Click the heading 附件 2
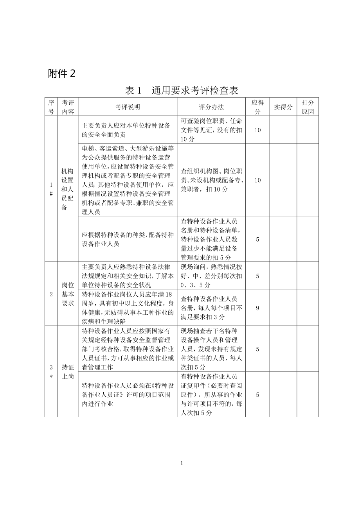61,73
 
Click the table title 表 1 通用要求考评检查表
181,91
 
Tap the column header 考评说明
128,107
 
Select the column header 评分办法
211,107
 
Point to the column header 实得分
283,107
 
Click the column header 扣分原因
308,107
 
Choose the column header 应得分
257,107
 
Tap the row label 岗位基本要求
67,294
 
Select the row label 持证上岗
67,371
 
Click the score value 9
257,308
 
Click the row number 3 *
51,371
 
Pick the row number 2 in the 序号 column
51,294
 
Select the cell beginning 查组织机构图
211,180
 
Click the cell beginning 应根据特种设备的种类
128,239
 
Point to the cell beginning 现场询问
211,276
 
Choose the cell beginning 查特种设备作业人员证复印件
211,394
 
